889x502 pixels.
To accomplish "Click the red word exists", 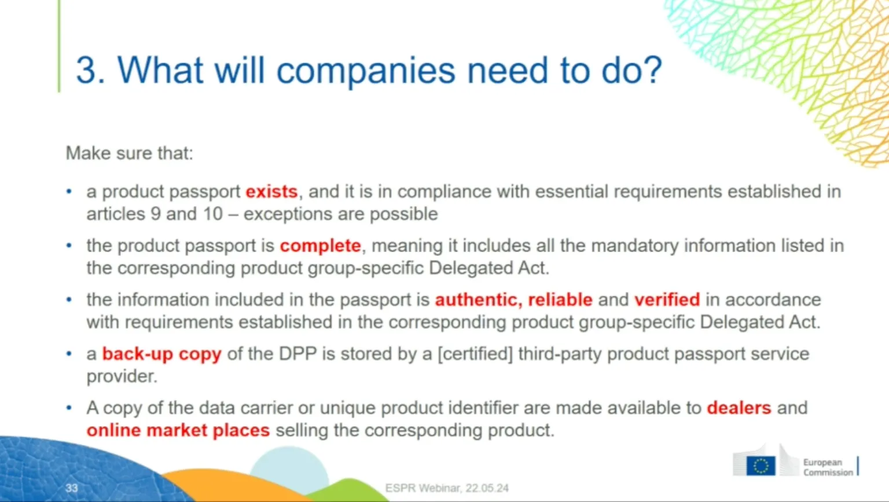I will pos(271,192).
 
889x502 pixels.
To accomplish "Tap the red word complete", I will pos(320,245).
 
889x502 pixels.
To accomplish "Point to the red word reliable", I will pos(560,299).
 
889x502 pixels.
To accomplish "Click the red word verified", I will pos(667,299).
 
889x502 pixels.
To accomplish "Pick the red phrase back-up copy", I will pos(161,354).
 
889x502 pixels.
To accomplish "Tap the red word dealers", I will pos(739,408).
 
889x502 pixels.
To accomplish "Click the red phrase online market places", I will pos(178,430).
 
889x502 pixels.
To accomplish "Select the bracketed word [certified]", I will pos(475,354).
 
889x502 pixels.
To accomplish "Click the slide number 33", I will pos(72,488).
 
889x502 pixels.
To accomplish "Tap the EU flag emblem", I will pos(761,466).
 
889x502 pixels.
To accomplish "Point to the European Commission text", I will pos(828,467).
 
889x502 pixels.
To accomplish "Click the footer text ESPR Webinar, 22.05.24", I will pos(447,488).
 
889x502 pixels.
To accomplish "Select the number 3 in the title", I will pos(86,71).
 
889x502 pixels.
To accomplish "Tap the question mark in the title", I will pos(652,71).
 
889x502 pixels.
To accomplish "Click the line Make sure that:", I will pos(129,153).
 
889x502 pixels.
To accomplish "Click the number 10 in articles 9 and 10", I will pos(212,214).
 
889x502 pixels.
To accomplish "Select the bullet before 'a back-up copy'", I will pos(69,353).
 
